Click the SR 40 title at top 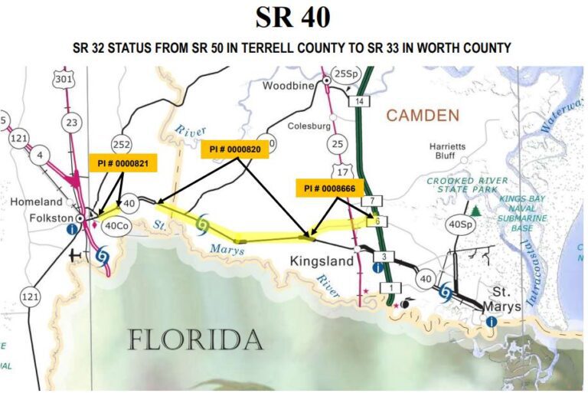[x=293, y=18]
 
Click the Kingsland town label [x=322, y=262]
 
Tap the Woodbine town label [x=289, y=86]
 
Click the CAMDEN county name [x=423, y=116]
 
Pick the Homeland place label [x=36, y=202]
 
